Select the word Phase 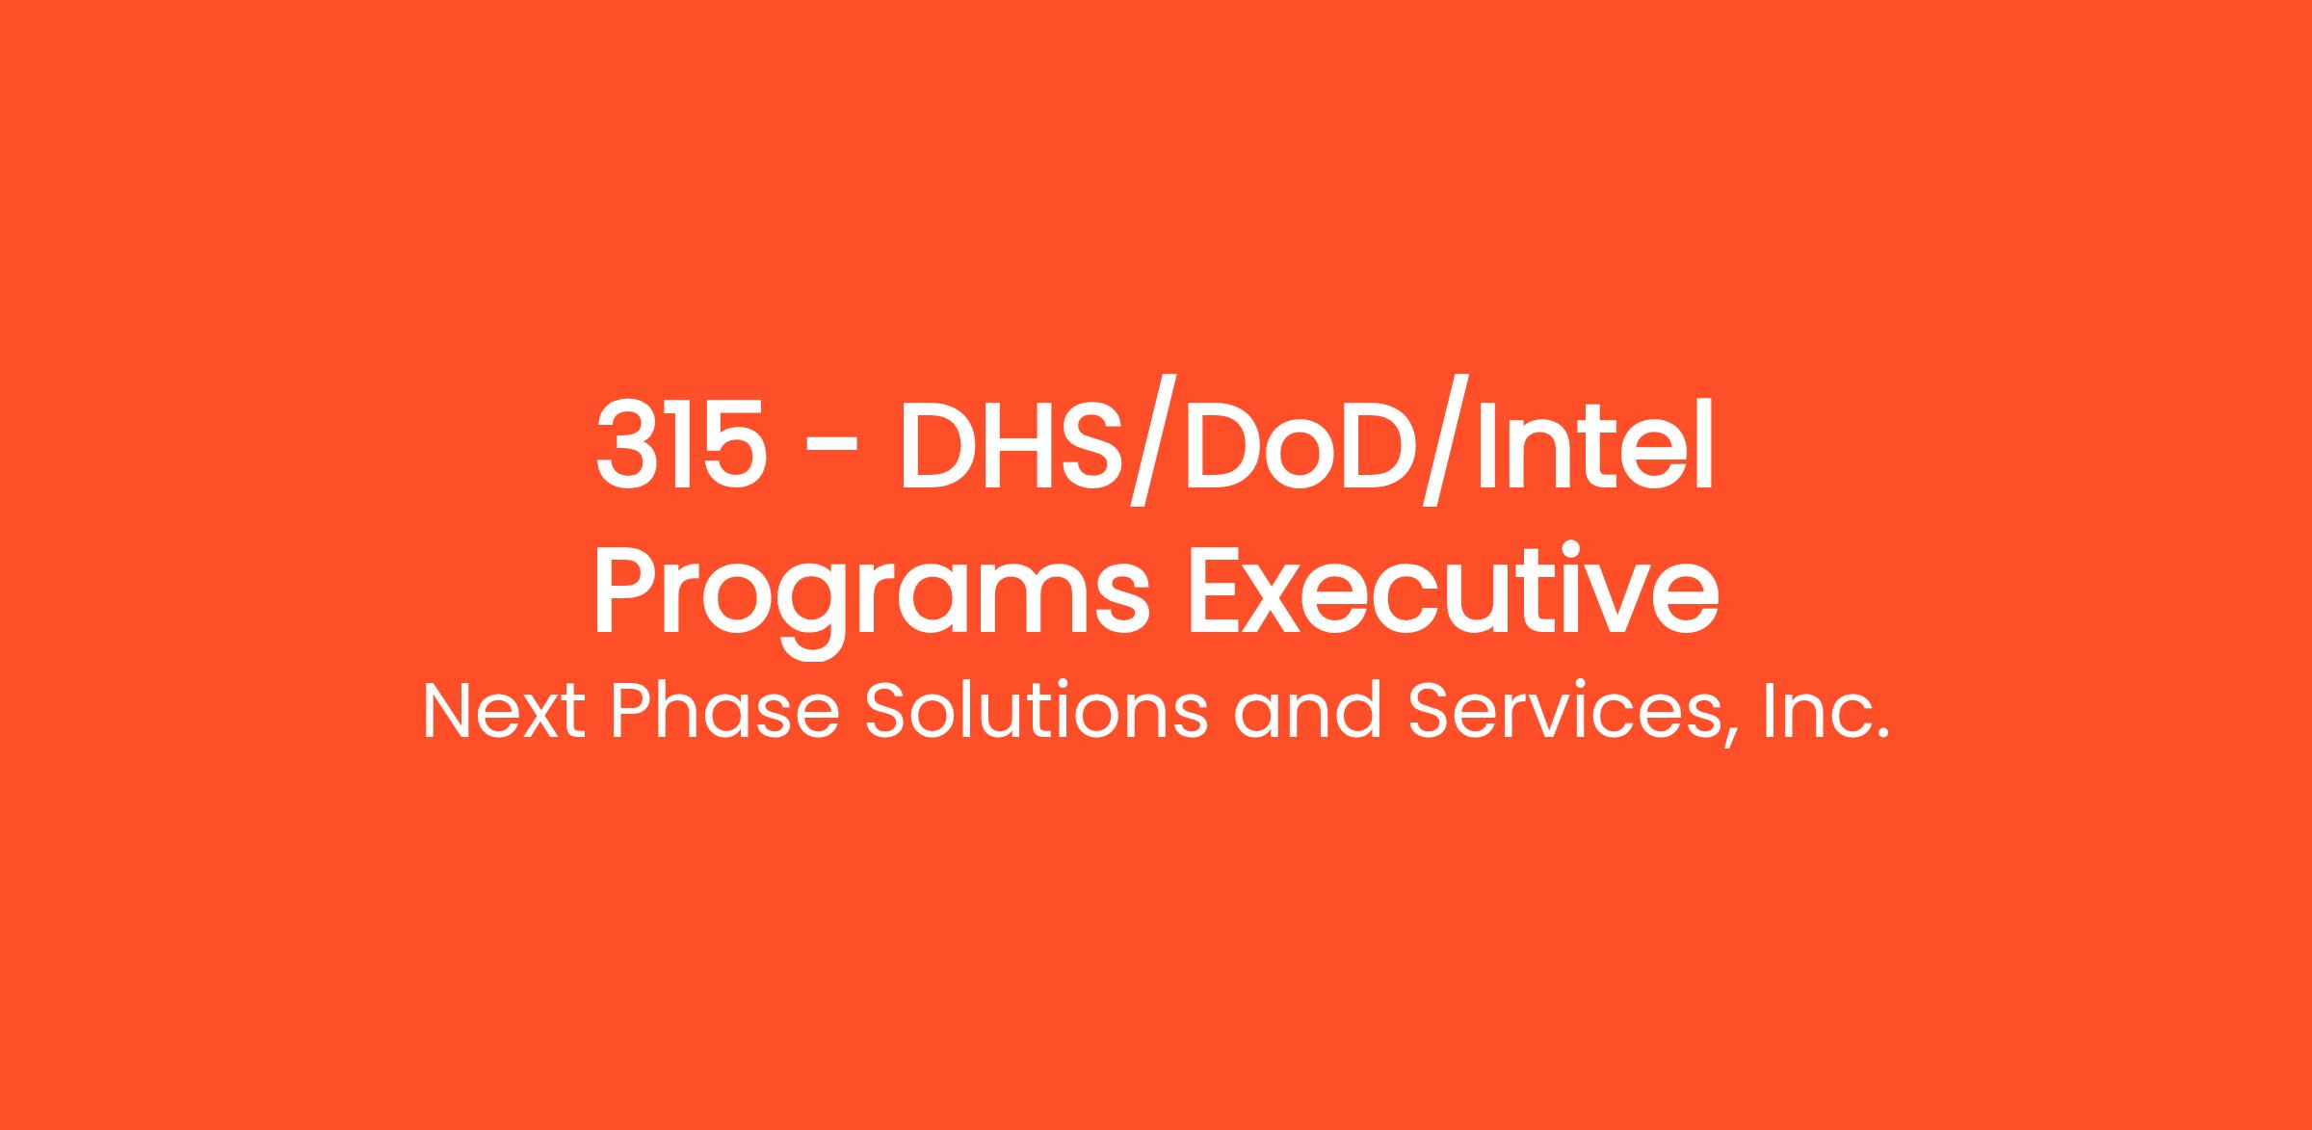(725, 711)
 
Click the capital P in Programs (627, 596)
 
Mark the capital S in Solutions (887, 712)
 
